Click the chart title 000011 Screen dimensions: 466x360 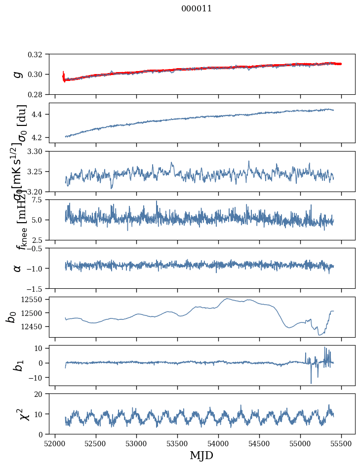tap(197, 8)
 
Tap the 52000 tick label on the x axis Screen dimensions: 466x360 tap(55, 443)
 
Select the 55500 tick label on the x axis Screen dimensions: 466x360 tap(341, 443)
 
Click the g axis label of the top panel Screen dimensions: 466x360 tap(18, 74)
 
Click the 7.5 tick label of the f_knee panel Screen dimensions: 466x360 tap(40, 199)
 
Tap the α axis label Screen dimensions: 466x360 tap(18, 268)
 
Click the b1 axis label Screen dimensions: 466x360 tap(18, 365)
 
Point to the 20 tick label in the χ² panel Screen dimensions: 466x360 tap(41, 394)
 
